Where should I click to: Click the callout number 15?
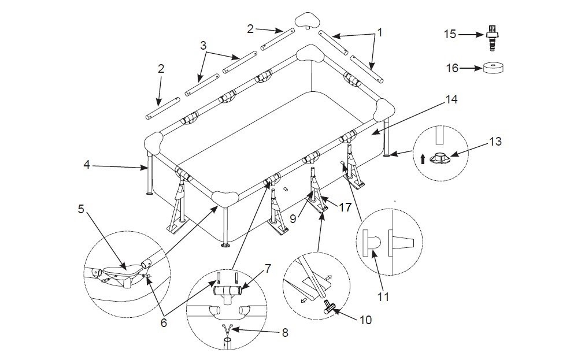pos(450,34)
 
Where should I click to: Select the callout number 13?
pos(495,140)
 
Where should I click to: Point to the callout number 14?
pos(451,99)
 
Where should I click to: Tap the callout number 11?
pos(382,297)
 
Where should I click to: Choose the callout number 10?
pos(366,319)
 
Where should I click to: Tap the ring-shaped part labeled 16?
pos(493,68)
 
